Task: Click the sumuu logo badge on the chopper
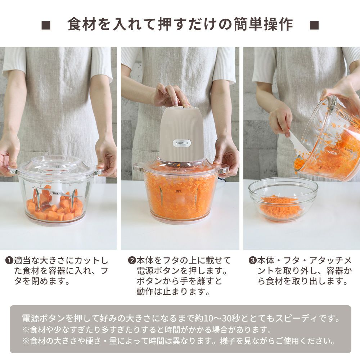click(x=182, y=143)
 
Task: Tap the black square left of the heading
click(x=46, y=25)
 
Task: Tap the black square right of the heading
click(x=314, y=25)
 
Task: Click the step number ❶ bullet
click(x=9, y=261)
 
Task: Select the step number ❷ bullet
click(x=132, y=261)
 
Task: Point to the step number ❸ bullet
click(x=252, y=261)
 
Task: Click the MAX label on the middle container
click(x=178, y=191)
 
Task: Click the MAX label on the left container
click(x=55, y=193)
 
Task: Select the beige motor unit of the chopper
click(x=181, y=134)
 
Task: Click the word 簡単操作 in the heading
click(x=264, y=24)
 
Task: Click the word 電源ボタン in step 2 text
click(x=158, y=271)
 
